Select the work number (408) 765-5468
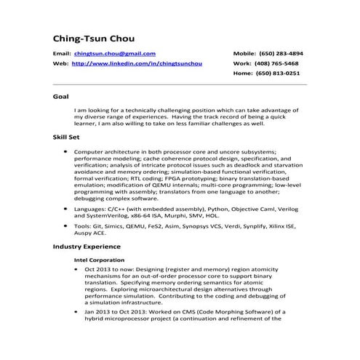coord(281,64)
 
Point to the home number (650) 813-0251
coord(281,73)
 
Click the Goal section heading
coord(61,96)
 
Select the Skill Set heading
coord(66,136)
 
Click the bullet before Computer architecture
coord(66,151)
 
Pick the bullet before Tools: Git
coord(66,226)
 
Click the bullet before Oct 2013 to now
coord(78,269)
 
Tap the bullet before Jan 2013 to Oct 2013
coord(78,311)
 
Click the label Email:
coord(61,54)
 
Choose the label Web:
coord(60,64)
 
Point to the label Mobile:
coord(244,54)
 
